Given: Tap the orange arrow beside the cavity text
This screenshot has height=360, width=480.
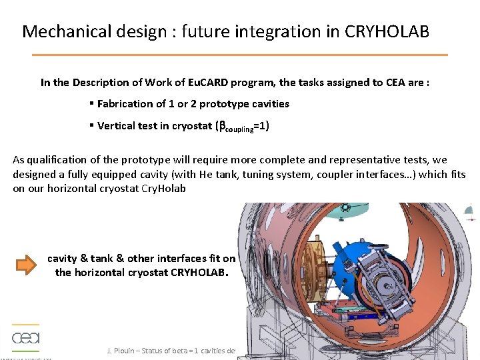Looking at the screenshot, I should coord(27,266).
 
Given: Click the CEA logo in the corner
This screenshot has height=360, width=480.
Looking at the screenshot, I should coord(26,337).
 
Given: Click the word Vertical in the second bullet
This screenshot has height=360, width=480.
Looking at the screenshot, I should coord(118,125).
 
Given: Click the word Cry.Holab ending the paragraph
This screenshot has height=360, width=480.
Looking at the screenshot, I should coord(163,189).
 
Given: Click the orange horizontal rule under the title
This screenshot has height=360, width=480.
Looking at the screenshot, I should coord(240,55).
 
